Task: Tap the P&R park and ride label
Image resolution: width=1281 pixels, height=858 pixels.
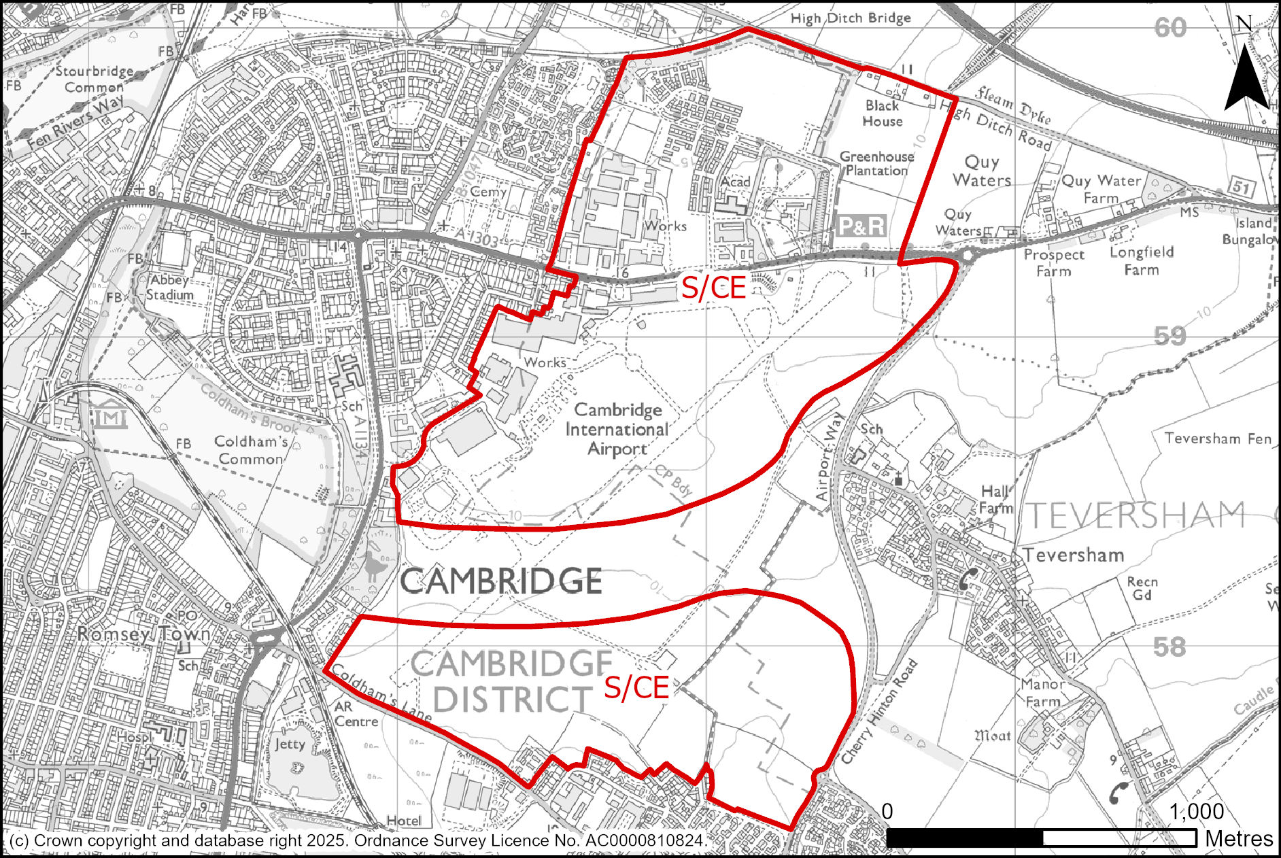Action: [x=862, y=226]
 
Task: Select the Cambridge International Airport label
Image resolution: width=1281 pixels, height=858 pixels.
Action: [x=617, y=429]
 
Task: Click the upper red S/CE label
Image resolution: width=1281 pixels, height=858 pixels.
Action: [x=713, y=288]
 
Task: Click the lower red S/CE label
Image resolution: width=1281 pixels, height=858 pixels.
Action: [x=636, y=688]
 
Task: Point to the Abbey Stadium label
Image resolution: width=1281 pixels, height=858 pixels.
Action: [x=169, y=287]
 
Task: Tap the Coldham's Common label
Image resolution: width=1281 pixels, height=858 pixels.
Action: [x=250, y=450]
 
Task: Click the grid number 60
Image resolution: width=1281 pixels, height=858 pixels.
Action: [x=1169, y=28]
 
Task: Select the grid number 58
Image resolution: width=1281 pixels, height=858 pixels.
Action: [x=1169, y=647]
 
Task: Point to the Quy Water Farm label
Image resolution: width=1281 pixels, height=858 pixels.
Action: [x=1101, y=189]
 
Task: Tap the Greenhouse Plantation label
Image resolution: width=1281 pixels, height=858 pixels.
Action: [x=876, y=163]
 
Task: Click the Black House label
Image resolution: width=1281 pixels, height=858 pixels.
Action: [x=882, y=113]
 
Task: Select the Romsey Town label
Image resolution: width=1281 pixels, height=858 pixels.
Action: [x=143, y=634]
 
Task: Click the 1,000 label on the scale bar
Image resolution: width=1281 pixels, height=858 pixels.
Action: [x=1196, y=812]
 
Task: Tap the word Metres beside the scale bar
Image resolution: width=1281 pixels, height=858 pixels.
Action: [x=1239, y=839]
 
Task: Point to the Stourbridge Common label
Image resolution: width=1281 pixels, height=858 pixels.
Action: [x=94, y=79]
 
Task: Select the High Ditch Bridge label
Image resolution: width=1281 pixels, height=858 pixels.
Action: [x=850, y=18]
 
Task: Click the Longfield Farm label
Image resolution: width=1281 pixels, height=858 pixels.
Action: [x=1142, y=260]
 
